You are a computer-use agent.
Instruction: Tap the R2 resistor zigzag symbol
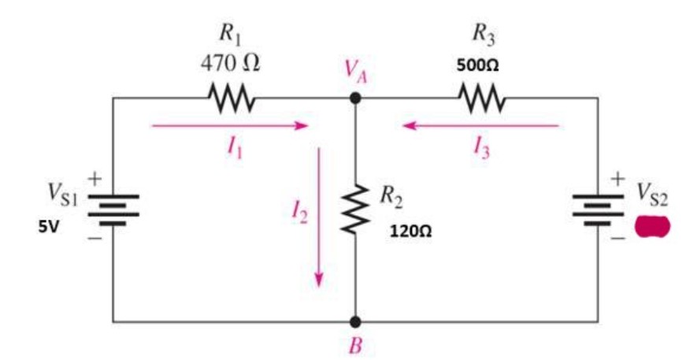355,210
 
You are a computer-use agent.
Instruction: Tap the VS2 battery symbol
598,210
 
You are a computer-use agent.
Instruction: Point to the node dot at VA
355,98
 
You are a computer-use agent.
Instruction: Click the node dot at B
355,321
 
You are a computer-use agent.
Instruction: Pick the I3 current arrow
481,125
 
